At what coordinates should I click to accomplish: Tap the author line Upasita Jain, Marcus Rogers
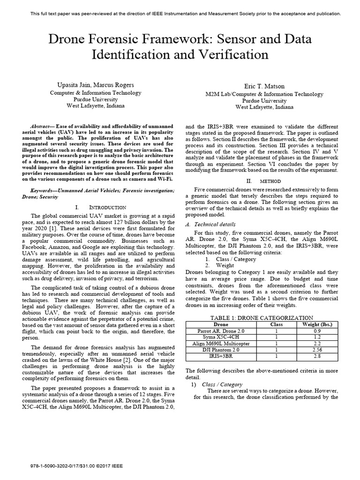tap(96, 85)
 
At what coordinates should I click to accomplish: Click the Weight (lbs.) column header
tap(317, 324)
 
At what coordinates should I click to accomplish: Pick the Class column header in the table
tap(277, 324)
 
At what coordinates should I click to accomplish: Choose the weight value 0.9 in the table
tap(317, 330)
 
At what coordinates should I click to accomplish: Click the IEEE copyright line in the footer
tap(78, 467)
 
